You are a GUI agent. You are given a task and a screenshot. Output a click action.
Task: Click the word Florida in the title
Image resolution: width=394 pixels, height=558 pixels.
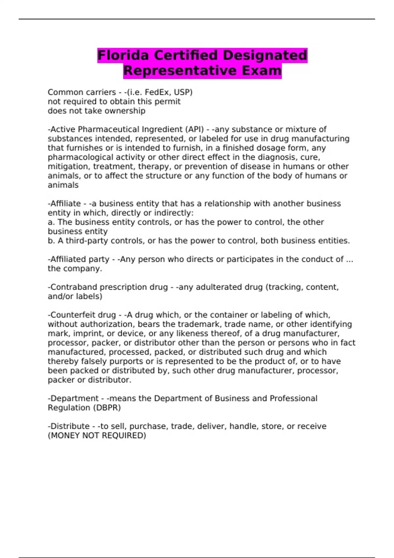pyautogui.click(x=123, y=55)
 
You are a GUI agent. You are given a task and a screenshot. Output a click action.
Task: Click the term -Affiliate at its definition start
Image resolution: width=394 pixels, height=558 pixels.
pyautogui.click(x=64, y=204)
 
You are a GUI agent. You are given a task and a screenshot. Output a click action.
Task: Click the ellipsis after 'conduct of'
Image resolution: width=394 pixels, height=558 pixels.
pyautogui.click(x=350, y=259)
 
